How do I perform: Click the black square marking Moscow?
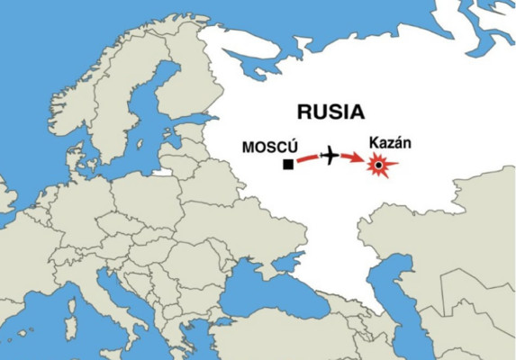click(x=288, y=165)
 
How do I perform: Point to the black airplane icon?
click(x=331, y=157)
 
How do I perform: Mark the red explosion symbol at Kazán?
click(x=380, y=166)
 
